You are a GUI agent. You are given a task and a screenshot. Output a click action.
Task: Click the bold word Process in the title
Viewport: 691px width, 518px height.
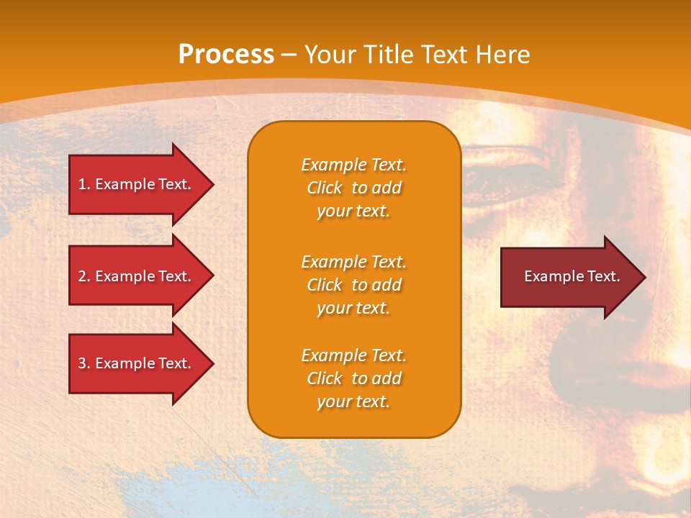click(x=226, y=54)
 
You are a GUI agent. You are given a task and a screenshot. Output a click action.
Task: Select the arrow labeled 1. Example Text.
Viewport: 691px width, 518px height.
click(x=137, y=184)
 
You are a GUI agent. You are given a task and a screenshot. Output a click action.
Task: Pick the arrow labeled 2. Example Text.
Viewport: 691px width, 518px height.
click(x=137, y=276)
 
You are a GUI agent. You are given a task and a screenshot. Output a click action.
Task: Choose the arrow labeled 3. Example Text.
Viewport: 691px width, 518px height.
click(x=137, y=363)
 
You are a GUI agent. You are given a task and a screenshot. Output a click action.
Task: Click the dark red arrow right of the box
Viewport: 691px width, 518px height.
click(x=569, y=276)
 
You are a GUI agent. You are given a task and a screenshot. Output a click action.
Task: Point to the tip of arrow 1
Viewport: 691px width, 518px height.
click(x=212, y=184)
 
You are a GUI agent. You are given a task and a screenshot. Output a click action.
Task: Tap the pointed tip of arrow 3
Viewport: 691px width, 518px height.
click(x=212, y=363)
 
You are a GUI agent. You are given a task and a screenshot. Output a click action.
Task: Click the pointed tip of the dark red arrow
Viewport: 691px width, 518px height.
click(x=643, y=276)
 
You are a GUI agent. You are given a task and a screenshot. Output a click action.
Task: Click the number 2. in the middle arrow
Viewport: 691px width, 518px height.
click(x=84, y=276)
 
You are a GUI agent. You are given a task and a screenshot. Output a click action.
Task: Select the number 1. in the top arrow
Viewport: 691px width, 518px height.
click(x=84, y=184)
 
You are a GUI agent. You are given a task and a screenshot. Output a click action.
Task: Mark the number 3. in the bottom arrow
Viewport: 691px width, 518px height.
click(x=84, y=363)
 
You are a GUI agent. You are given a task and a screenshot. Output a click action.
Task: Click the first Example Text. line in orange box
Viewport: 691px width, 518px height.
click(x=353, y=165)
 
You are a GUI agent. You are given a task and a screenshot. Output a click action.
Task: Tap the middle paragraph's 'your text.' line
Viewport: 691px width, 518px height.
click(x=353, y=308)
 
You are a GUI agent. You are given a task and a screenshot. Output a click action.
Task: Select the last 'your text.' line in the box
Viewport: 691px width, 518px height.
click(x=353, y=401)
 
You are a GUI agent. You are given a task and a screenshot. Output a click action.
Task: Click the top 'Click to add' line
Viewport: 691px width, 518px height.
click(x=353, y=188)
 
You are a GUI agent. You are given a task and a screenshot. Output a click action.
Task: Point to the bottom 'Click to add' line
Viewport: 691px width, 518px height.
click(x=353, y=378)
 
